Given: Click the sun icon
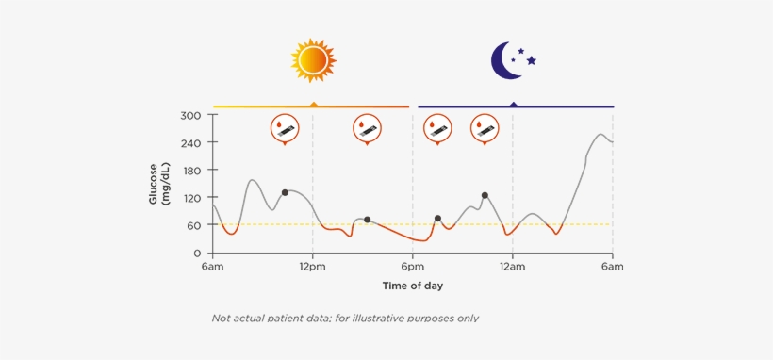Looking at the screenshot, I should [314, 59].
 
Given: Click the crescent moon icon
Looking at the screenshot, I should [507, 60].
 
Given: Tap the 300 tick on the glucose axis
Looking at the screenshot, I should [190, 115].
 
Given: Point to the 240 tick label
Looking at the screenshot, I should [190, 142].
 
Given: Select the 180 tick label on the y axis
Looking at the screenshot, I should [190, 171].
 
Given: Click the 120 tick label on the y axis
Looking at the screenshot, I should [190, 198].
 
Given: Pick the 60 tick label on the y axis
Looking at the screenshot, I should [193, 225].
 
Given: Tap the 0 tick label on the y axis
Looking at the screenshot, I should [198, 254].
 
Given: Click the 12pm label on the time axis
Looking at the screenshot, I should [313, 267].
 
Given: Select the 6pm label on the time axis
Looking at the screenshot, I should [412, 267].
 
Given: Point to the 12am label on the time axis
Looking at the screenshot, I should [513, 267].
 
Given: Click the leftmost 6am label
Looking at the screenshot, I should [212, 267].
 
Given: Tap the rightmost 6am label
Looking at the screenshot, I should [612, 267].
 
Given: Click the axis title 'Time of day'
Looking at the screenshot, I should [412, 285].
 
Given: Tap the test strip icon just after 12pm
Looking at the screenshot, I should [367, 129].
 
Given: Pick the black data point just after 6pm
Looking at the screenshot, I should [437, 219].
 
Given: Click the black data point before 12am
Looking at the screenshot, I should [485, 195].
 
